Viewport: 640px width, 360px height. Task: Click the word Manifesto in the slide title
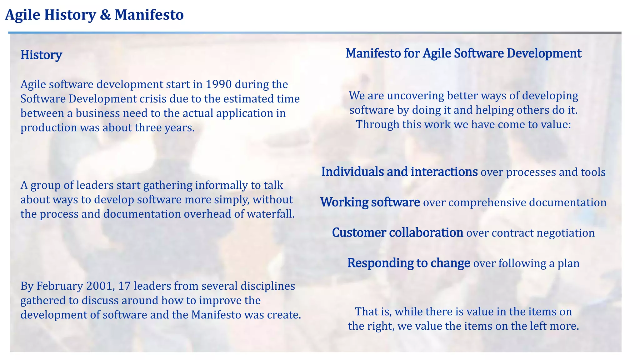click(149, 15)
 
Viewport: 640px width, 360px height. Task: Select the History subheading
click(41, 55)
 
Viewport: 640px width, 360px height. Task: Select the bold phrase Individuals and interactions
click(399, 172)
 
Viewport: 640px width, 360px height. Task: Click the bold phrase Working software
click(370, 202)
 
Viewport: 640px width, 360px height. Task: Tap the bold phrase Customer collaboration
click(397, 232)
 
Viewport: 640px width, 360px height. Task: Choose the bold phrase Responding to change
click(408, 263)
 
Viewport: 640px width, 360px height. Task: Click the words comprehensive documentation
click(527, 202)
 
